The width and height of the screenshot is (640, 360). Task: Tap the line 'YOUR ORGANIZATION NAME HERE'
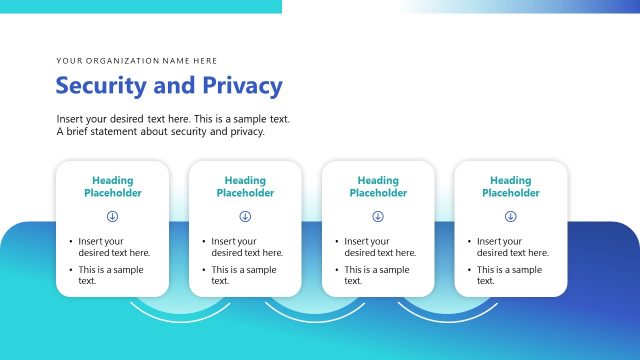click(137, 61)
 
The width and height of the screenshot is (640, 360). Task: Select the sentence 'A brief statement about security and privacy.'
click(161, 131)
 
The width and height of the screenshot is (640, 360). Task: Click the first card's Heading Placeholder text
click(112, 187)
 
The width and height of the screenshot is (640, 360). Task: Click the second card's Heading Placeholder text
click(245, 187)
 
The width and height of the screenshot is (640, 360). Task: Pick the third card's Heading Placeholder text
click(378, 187)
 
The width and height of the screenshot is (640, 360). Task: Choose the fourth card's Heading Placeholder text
click(511, 187)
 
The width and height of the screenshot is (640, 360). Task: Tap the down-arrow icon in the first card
click(112, 216)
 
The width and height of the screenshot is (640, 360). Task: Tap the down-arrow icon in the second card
click(245, 216)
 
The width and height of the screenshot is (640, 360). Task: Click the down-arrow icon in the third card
click(378, 216)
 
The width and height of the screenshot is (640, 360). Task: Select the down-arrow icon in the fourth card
click(511, 216)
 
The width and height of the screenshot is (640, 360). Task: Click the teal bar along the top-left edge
click(140, 6)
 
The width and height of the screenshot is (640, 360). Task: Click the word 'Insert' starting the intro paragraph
click(70, 119)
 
